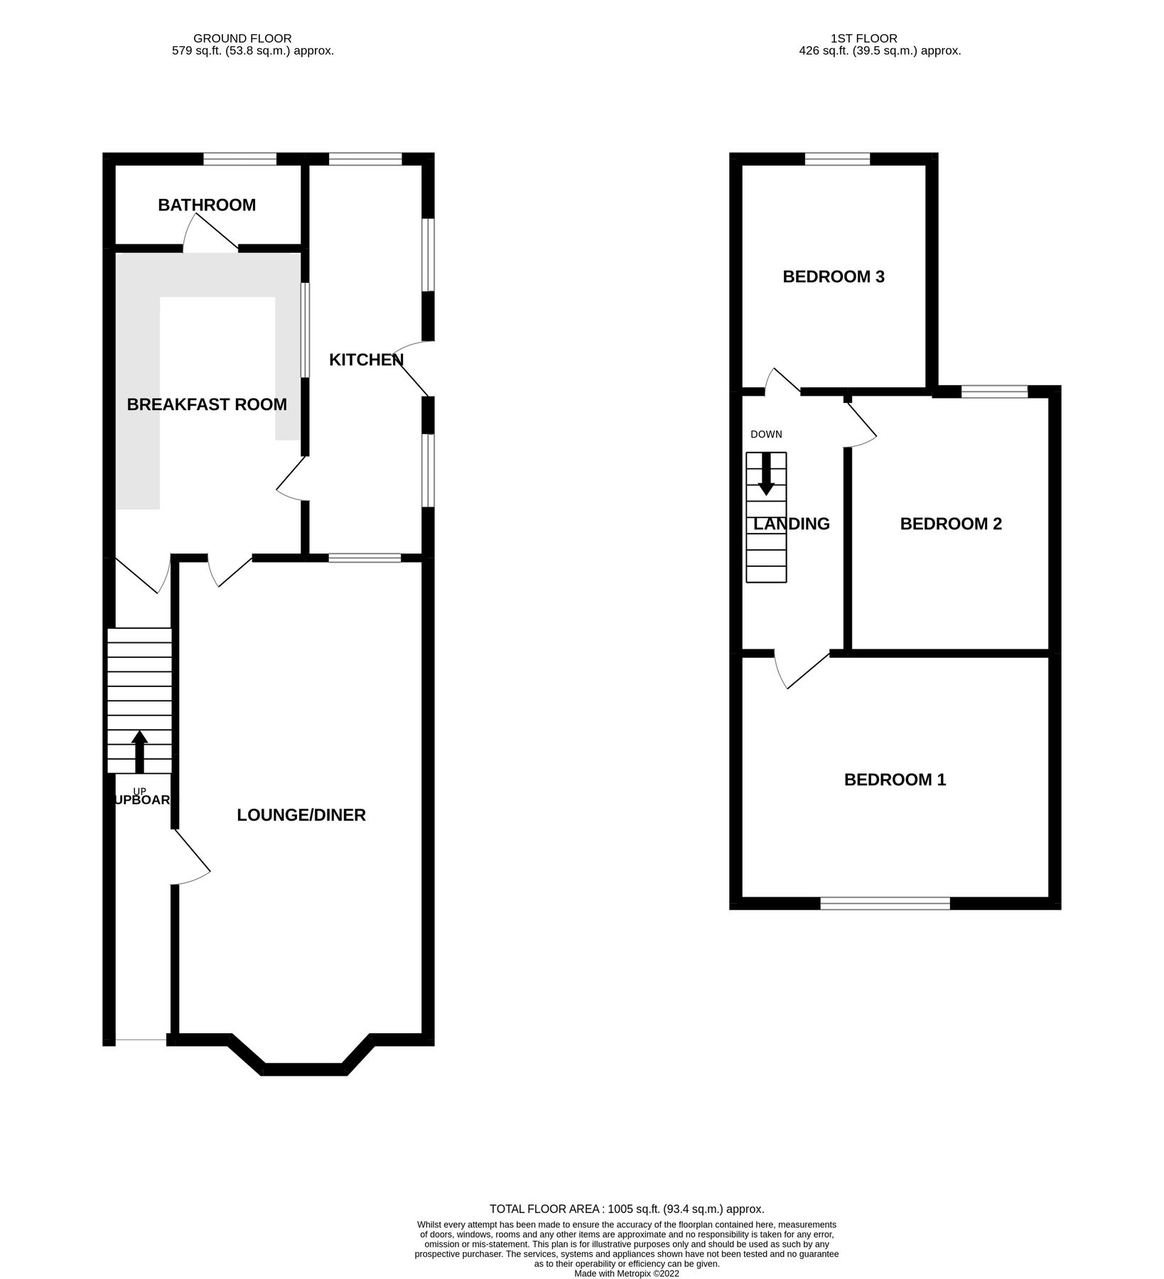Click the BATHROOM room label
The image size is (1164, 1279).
tap(206, 205)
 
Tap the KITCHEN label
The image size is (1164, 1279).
tap(366, 360)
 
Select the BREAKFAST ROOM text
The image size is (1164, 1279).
tap(207, 404)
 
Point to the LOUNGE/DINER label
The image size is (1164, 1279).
tap(301, 815)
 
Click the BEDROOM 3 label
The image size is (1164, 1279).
tap(834, 276)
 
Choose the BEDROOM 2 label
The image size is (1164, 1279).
tap(951, 524)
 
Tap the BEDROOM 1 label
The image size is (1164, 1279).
tap(895, 779)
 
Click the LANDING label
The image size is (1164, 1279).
tap(791, 524)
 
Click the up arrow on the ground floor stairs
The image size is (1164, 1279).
tap(139, 751)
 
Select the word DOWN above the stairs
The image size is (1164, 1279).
tap(766, 434)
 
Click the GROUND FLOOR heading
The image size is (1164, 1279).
tap(242, 38)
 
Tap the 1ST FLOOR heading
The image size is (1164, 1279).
tap(863, 38)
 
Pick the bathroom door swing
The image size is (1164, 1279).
tap(208, 234)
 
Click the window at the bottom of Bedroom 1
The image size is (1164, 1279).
tap(885, 903)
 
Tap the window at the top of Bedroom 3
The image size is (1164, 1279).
tap(837, 159)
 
